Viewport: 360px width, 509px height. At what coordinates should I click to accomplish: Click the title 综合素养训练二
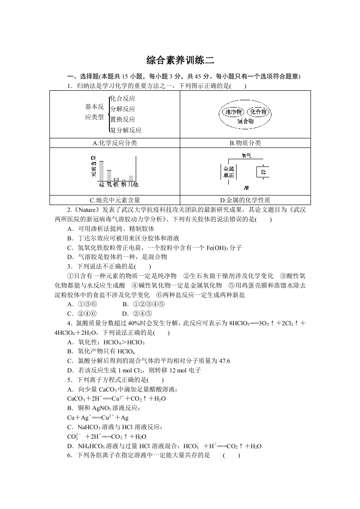(180, 60)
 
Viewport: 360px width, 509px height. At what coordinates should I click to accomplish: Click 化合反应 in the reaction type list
(123, 98)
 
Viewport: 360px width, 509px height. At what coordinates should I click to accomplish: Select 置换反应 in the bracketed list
(123, 119)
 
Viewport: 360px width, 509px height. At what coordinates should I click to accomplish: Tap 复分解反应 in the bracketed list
(126, 130)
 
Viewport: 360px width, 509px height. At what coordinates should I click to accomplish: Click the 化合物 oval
(258, 112)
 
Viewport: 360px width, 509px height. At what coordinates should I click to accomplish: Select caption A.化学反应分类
(114, 143)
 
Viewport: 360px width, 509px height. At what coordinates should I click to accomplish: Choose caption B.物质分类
(245, 143)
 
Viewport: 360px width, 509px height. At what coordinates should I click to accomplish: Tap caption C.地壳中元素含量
(114, 200)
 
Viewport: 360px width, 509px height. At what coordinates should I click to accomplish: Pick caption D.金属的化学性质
(245, 200)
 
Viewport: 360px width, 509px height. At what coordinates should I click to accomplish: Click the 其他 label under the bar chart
(133, 185)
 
